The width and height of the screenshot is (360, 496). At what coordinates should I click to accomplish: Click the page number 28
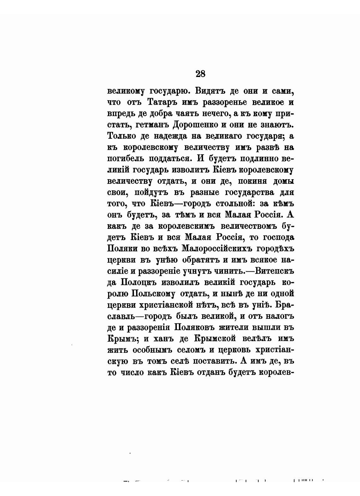pyautogui.click(x=201, y=74)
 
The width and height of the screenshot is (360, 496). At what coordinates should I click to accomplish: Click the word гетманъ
pyautogui.click(x=153, y=125)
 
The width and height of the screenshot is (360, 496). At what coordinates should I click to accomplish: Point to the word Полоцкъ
pyautogui.click(x=139, y=282)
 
